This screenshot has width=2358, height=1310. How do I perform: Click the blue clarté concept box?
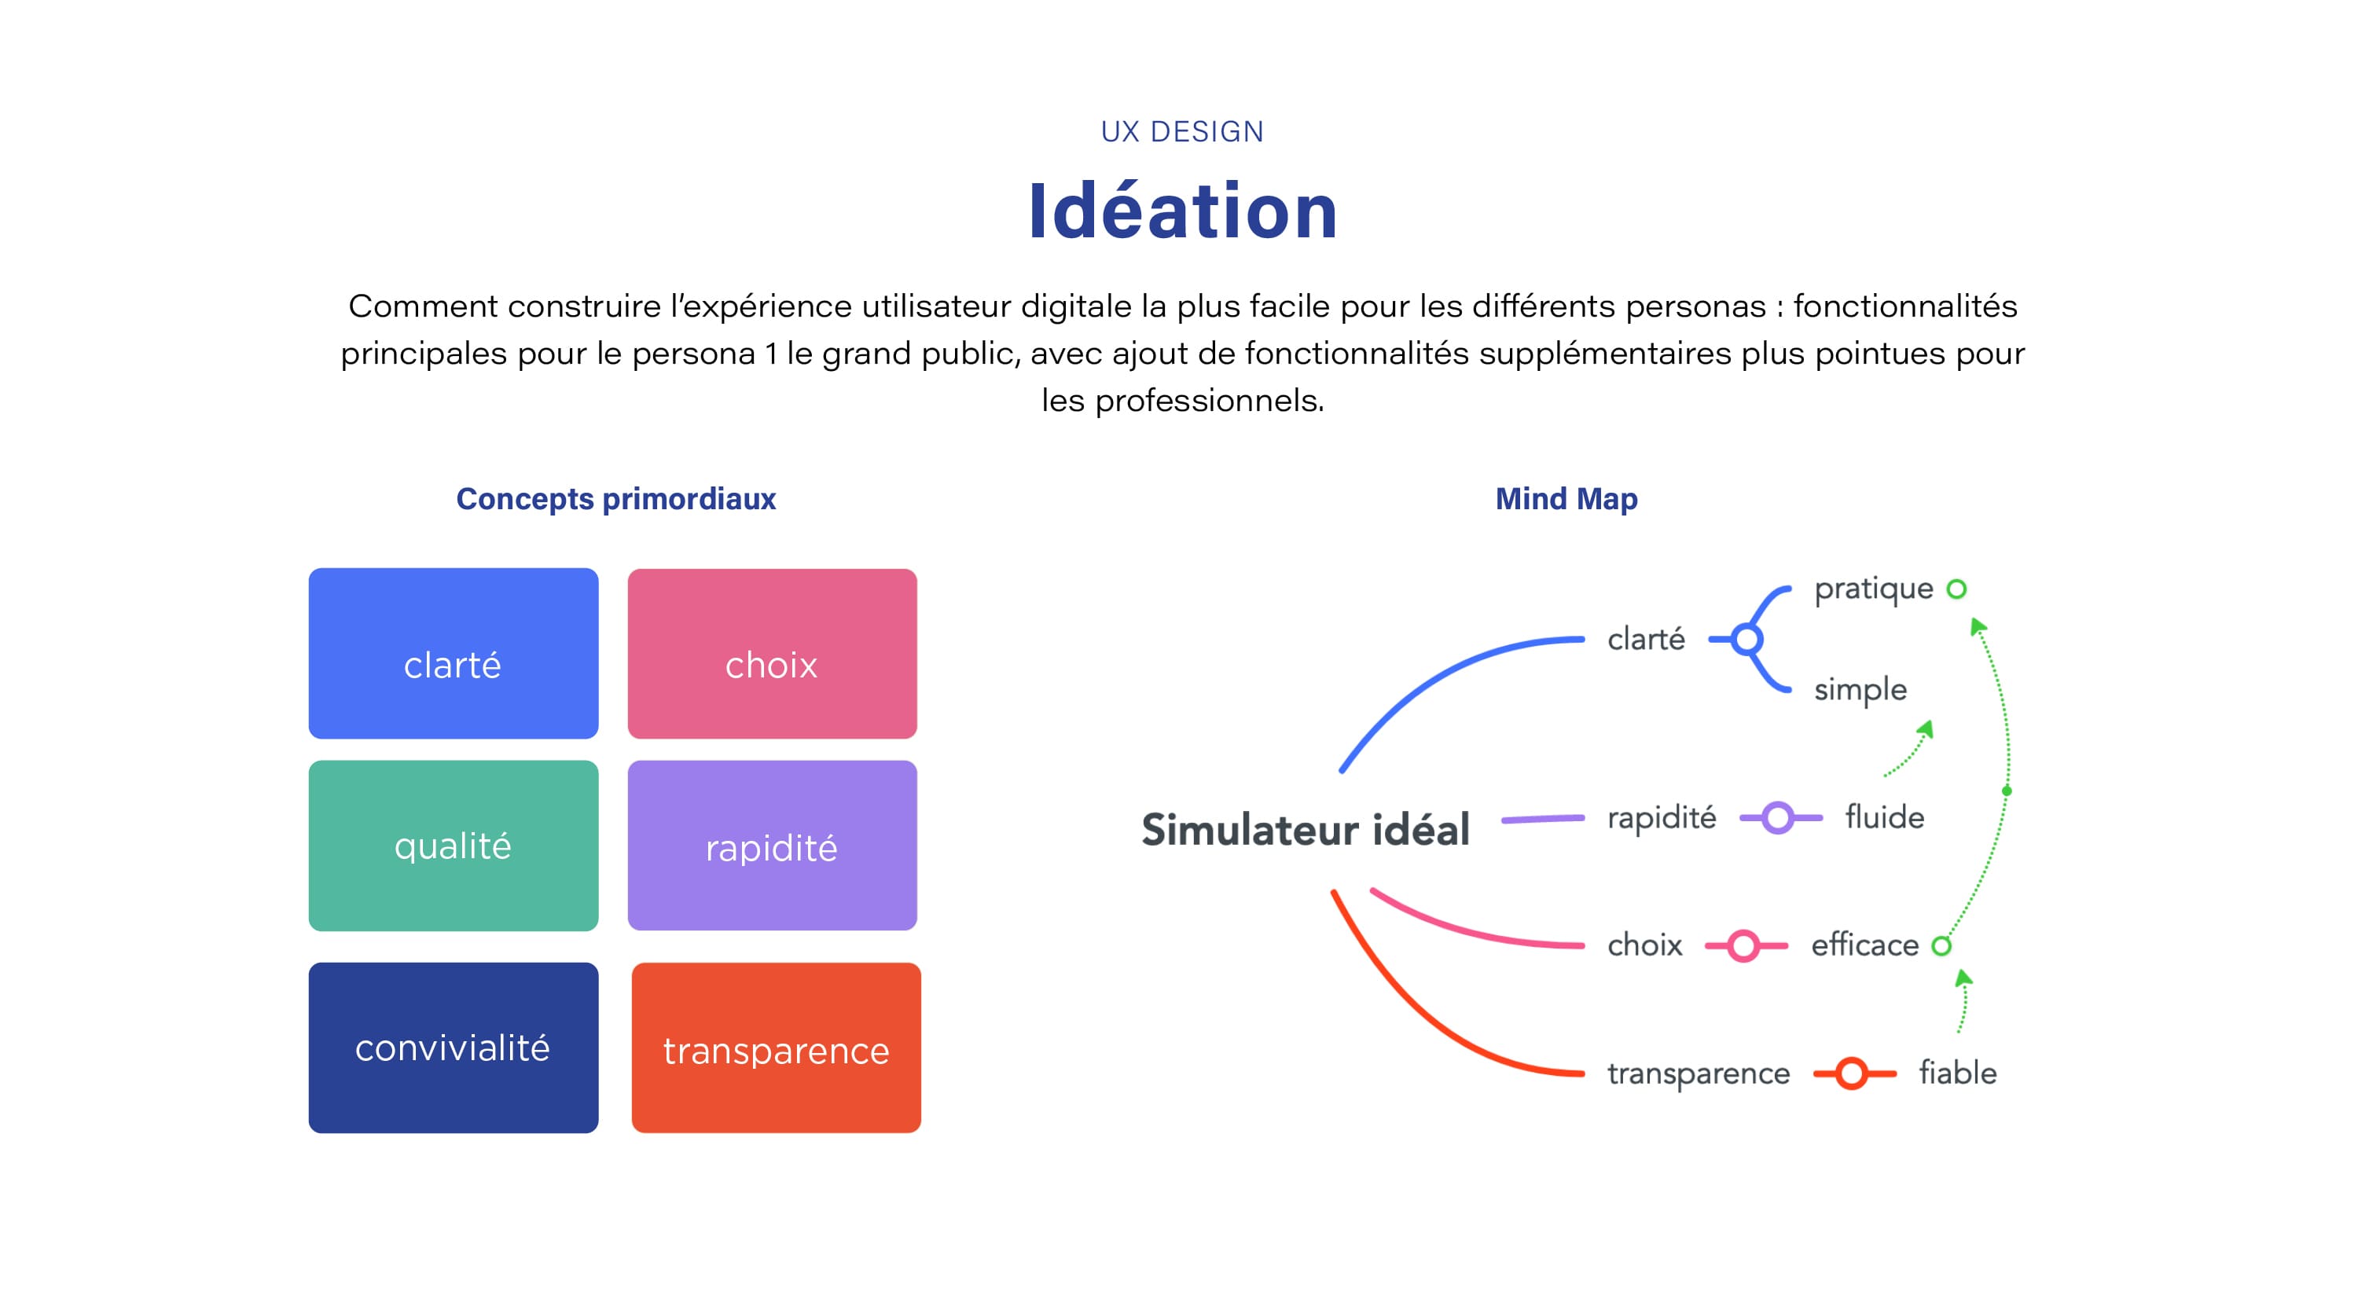point(453,653)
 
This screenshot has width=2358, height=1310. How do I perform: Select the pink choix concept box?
point(772,653)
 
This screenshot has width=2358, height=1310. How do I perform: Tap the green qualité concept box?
point(453,845)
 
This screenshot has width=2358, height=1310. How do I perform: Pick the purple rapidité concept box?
point(772,845)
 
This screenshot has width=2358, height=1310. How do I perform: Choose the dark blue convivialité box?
point(453,1048)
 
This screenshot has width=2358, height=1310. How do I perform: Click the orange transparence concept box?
point(777,1048)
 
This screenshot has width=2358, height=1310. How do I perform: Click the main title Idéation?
point(1183,211)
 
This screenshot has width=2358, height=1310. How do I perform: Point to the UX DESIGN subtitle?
point(1181,132)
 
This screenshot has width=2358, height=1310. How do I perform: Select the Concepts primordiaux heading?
point(616,499)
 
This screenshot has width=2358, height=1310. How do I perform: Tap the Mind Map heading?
point(1566,499)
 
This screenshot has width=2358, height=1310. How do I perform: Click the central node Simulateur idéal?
point(1306,829)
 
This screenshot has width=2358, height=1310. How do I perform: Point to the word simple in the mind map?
point(1860,690)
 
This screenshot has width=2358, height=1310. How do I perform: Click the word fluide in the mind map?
point(1885,816)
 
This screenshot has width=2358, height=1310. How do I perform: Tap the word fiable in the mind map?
point(1958,1072)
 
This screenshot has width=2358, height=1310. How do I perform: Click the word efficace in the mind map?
point(1864,945)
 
